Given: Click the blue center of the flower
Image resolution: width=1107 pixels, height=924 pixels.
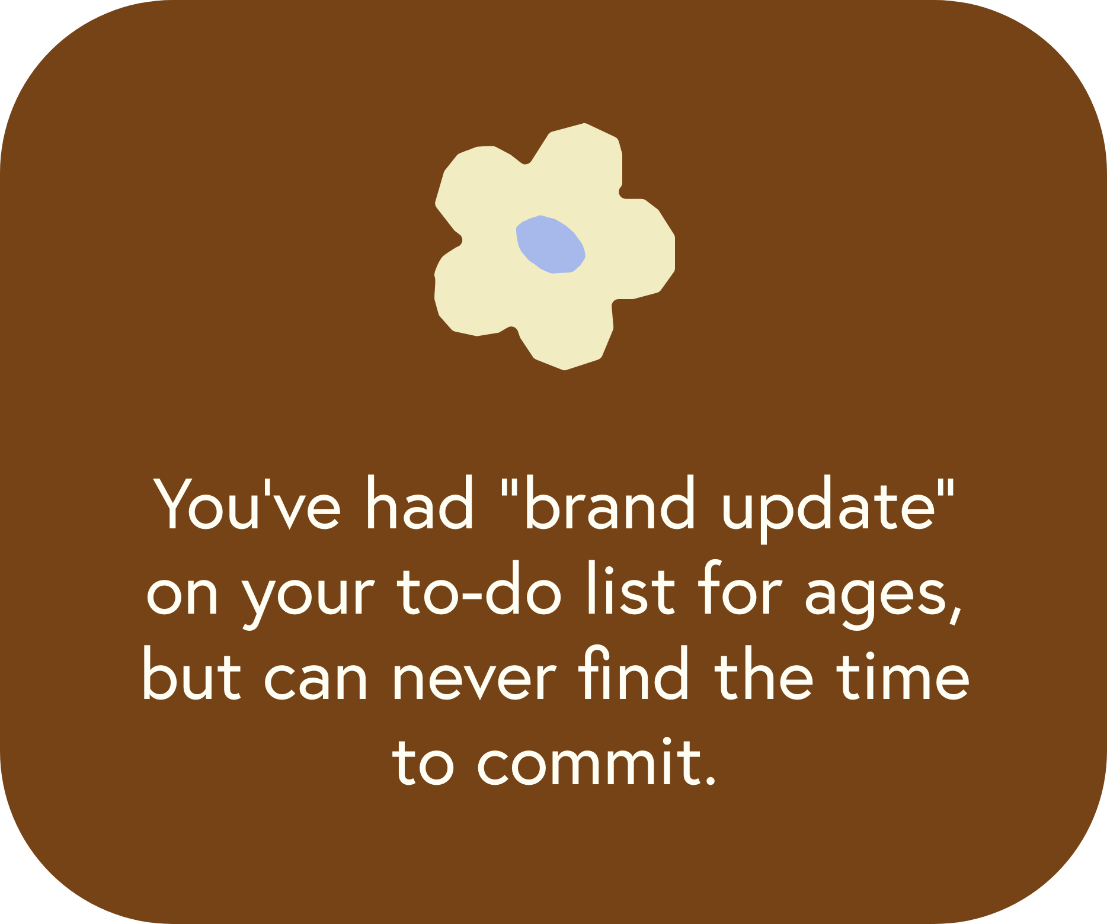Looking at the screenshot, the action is click(x=551, y=244).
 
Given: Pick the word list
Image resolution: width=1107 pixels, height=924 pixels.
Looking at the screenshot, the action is click(x=631, y=588).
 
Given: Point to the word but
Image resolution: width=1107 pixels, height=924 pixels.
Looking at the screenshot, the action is click(x=191, y=673).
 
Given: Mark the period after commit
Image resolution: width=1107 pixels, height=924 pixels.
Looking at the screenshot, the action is click(x=709, y=780).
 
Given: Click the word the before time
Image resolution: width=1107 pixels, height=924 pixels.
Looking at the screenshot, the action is click(x=764, y=673).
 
